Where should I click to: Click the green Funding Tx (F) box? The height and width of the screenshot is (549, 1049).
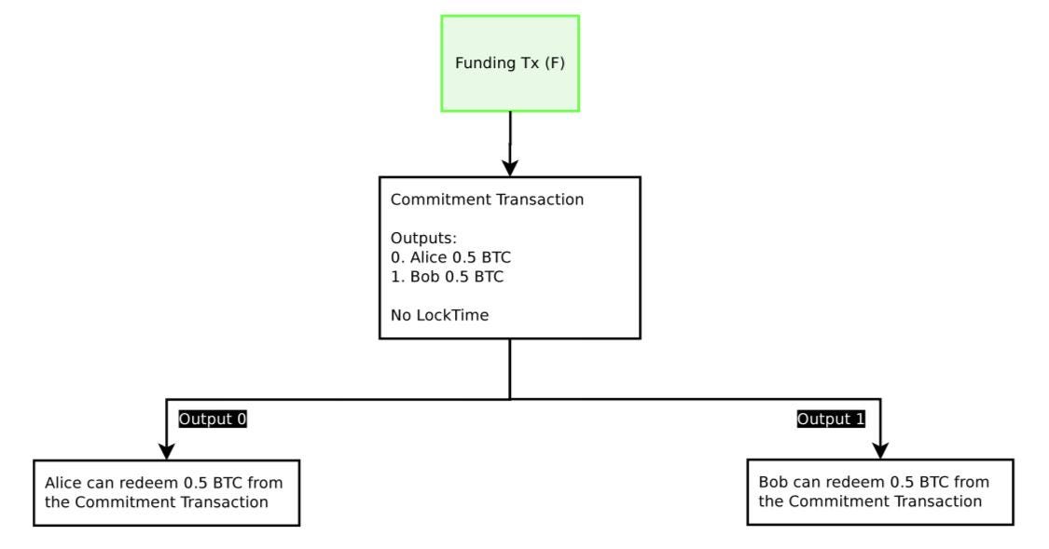[510, 63]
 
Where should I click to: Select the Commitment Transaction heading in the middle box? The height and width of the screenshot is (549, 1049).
[487, 199]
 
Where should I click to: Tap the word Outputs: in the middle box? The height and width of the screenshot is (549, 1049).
[423, 238]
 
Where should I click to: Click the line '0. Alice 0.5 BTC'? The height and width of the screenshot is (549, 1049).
[451, 257]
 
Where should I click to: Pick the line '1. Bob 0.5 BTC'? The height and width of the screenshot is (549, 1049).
[447, 277]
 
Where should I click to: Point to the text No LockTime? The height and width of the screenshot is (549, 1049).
[439, 315]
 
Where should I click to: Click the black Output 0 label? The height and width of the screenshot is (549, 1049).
[213, 419]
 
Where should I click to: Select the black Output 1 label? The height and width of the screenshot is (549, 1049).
[831, 419]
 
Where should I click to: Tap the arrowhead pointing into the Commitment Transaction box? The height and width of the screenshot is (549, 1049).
[510, 168]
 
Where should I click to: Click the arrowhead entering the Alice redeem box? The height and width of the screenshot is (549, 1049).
[167, 451]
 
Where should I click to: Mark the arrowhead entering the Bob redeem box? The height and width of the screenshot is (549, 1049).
[880, 451]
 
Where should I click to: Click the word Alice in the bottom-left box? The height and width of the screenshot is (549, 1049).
[63, 483]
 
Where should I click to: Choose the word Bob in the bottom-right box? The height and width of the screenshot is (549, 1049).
[773, 482]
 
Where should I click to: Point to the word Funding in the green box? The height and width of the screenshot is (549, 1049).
[484, 62]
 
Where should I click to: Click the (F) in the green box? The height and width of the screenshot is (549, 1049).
[555, 62]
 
